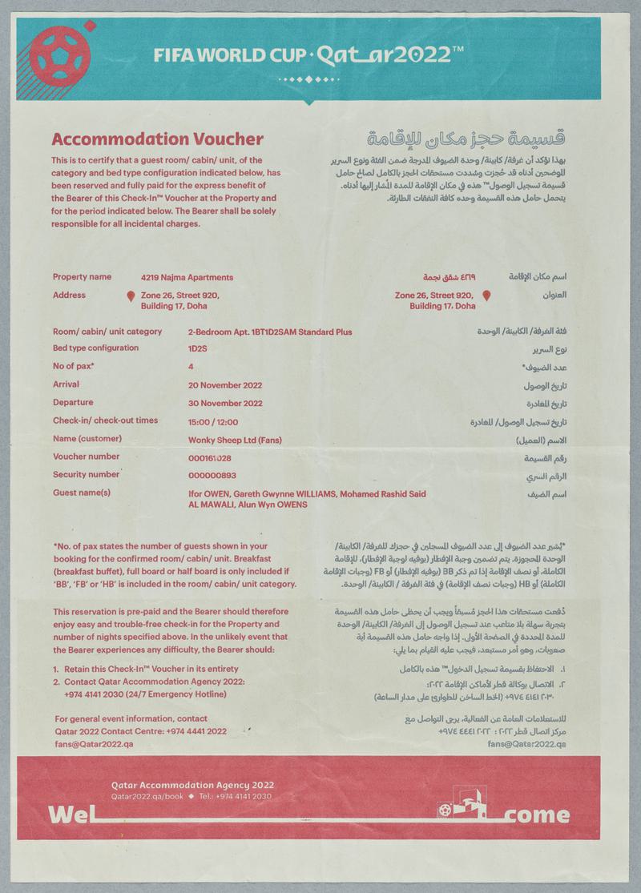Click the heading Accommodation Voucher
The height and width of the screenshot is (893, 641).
tap(158, 139)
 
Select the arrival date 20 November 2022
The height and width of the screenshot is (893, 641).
tap(224, 384)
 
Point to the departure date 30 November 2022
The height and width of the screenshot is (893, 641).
tap(224, 403)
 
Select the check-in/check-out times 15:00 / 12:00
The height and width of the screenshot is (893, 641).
tap(212, 421)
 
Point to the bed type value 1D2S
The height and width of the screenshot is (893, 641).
tap(197, 349)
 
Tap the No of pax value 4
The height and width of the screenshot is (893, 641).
tap(191, 367)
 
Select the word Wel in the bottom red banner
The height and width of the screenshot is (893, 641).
tap(70, 815)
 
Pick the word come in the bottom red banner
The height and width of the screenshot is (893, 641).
tap(538, 816)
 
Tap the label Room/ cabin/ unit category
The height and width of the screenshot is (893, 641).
tap(107, 332)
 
